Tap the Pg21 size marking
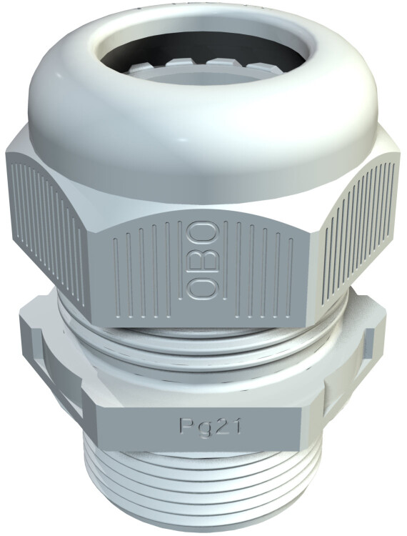pyautogui.click(x=211, y=427)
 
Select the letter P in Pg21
pyautogui.click(x=186, y=426)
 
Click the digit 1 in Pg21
pyautogui.click(x=236, y=426)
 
